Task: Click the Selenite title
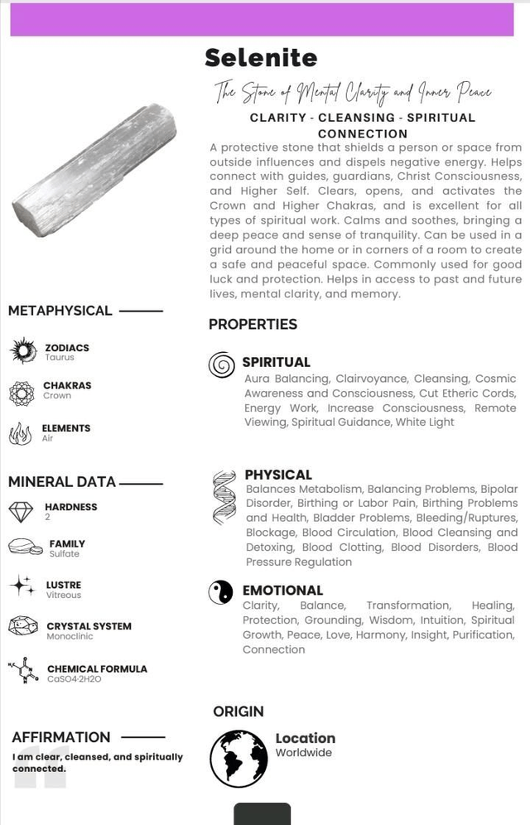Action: pyautogui.click(x=261, y=58)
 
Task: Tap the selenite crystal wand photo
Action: pyautogui.click(x=94, y=169)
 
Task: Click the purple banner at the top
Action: pyautogui.click(x=262, y=19)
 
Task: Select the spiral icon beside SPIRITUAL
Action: pyautogui.click(x=221, y=364)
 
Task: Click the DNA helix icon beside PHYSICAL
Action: pyautogui.click(x=224, y=497)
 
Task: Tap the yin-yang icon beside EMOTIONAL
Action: pyautogui.click(x=220, y=591)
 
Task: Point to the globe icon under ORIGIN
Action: pyautogui.click(x=238, y=758)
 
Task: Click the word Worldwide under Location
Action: pyautogui.click(x=304, y=753)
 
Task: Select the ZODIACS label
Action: pyautogui.click(x=67, y=348)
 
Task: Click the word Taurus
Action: pyautogui.click(x=60, y=358)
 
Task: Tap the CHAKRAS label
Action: pyautogui.click(x=67, y=385)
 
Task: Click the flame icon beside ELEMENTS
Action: pyautogui.click(x=21, y=433)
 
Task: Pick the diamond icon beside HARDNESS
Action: pyautogui.click(x=21, y=511)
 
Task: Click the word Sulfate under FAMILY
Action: pyautogui.click(x=64, y=553)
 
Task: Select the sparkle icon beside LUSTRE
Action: pyautogui.click(x=22, y=586)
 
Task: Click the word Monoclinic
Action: pyautogui.click(x=70, y=636)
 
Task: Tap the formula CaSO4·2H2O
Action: pyautogui.click(x=74, y=678)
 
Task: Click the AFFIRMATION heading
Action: pyautogui.click(x=61, y=737)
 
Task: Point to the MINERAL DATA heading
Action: pyautogui.click(x=62, y=482)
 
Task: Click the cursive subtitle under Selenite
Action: pyautogui.click(x=353, y=90)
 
